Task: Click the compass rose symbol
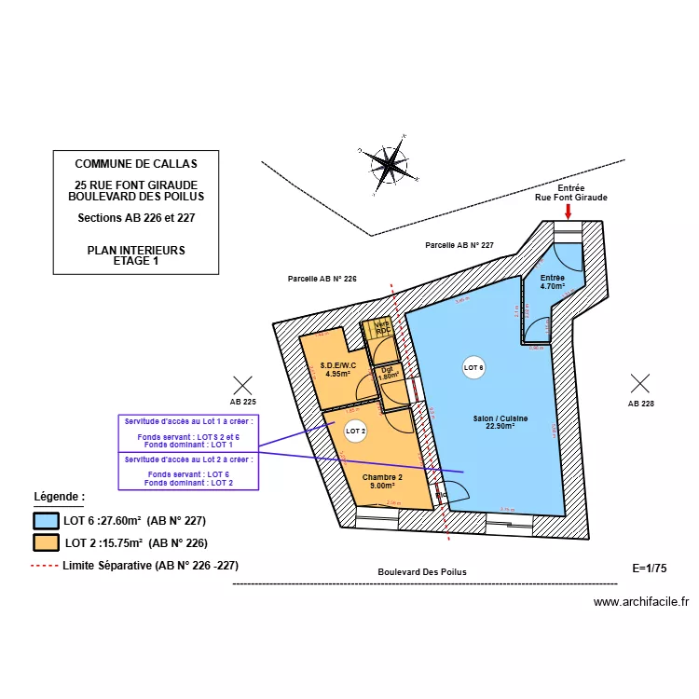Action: coord(390,166)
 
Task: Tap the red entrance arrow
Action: coord(569,212)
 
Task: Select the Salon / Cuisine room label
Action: coord(500,422)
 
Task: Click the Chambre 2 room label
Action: coord(383,481)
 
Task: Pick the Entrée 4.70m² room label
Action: coord(553,282)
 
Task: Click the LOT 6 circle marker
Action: coord(474,368)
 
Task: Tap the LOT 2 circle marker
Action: coord(356,431)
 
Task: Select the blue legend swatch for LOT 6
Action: coord(46,522)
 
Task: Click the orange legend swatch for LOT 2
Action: coord(46,542)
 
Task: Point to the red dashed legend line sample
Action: coord(45,565)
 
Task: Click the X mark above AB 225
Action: coord(243,383)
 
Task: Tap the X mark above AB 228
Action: coord(640,382)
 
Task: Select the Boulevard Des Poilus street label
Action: coord(422,572)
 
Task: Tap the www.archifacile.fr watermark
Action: coord(640,602)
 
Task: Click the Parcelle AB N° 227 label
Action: coord(459,245)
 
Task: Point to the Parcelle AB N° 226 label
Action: coord(322,279)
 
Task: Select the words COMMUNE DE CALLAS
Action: coord(136,164)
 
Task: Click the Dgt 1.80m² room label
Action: coord(389,373)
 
